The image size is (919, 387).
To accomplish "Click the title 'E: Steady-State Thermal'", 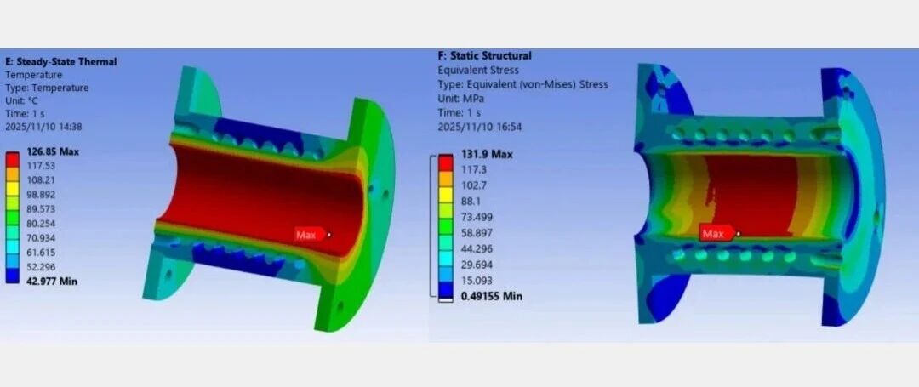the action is (x=61, y=61).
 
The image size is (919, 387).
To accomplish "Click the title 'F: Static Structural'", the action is (x=485, y=55).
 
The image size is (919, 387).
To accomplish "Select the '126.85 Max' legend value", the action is (x=52, y=151).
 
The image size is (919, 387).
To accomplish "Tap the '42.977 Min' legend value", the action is (x=52, y=281).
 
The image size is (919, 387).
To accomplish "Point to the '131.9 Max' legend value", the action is (x=487, y=154).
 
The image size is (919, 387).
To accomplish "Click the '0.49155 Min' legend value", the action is (x=491, y=296).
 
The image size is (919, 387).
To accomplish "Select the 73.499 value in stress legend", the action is (x=477, y=217).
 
